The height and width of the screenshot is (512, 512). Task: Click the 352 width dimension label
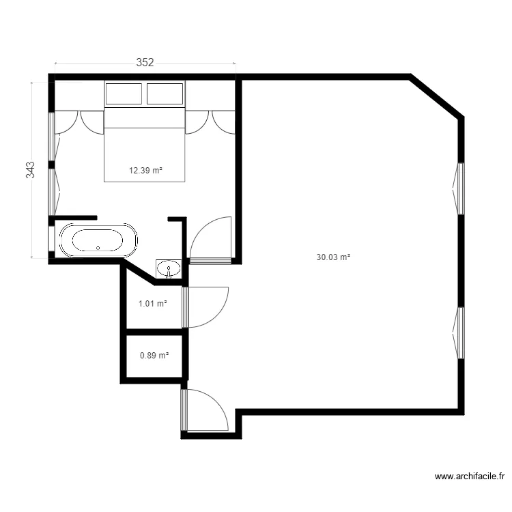coord(145,62)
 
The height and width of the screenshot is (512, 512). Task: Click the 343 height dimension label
coord(31,170)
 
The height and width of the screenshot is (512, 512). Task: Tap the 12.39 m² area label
coord(145,171)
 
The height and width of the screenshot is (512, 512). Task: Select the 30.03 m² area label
coord(333,257)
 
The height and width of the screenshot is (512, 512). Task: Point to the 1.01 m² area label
coord(153,304)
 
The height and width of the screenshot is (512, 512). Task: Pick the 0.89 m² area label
coord(154,356)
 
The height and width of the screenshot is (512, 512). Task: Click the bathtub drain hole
coord(98,248)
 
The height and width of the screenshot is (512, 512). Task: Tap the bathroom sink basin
coord(168,268)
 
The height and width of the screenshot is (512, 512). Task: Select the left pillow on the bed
coord(124,94)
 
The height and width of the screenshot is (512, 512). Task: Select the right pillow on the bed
coord(165,94)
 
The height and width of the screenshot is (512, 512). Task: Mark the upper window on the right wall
coord(460,188)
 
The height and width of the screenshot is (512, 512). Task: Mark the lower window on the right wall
coord(460,332)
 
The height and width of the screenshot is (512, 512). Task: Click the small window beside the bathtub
coord(51,240)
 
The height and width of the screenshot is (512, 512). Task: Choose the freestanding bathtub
coord(98,240)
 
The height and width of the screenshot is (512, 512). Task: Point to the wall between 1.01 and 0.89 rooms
coord(153,332)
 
